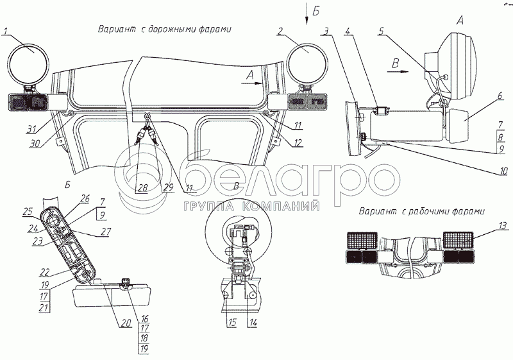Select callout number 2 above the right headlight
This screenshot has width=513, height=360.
click(x=281, y=30)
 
